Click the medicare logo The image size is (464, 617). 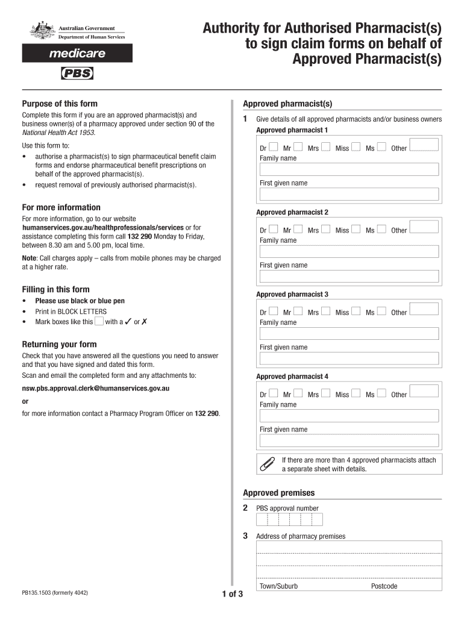point(77,54)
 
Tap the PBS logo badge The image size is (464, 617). point(77,74)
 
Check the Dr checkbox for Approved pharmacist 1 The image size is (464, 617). point(274,147)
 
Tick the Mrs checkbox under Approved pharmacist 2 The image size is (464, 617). point(326,229)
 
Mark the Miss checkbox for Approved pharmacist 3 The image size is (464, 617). point(356,312)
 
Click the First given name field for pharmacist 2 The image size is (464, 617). point(349,276)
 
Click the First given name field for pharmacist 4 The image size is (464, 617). point(349,440)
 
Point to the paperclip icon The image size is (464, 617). point(266,464)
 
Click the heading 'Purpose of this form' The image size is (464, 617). point(60,104)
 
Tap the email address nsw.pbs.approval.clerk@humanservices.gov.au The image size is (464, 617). point(96,389)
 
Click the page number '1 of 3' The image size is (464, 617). point(233,595)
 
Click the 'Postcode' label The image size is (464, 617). point(384,586)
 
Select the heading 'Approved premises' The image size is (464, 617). point(278,493)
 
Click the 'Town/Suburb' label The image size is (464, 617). point(278,586)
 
